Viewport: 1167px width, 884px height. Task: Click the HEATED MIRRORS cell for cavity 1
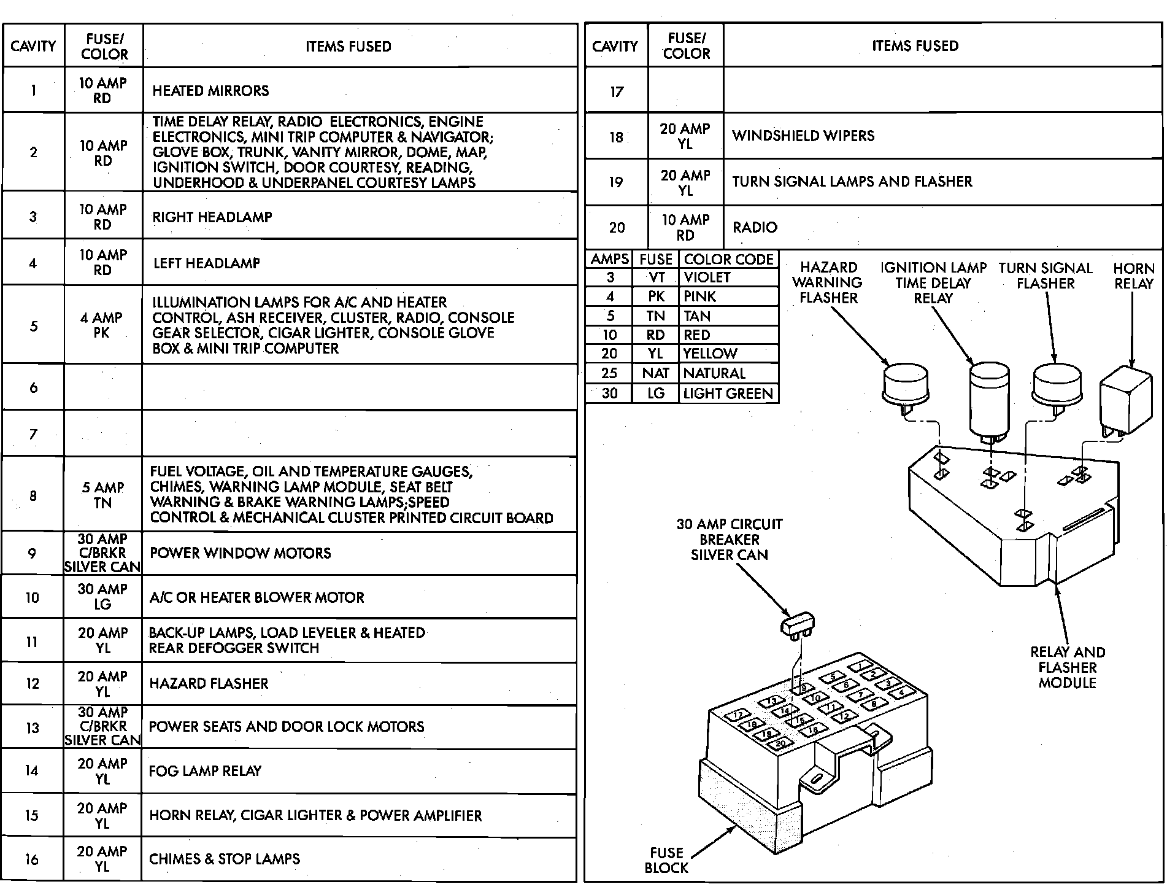(x=210, y=91)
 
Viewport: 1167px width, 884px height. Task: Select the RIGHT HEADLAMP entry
(x=212, y=217)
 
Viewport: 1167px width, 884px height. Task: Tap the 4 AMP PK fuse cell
(x=102, y=325)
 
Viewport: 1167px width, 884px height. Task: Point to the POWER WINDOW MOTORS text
(x=240, y=553)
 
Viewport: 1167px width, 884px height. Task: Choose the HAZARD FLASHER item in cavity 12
(x=209, y=684)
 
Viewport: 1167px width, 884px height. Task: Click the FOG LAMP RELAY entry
(x=205, y=771)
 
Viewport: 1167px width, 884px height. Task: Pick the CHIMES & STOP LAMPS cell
(x=225, y=859)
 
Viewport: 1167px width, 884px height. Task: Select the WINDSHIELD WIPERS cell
(x=803, y=136)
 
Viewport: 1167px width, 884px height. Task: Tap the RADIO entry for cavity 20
(x=755, y=227)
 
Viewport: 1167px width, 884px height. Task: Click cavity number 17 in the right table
(x=616, y=92)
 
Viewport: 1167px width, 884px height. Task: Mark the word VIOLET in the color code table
(x=707, y=277)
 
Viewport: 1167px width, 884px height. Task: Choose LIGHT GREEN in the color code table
(x=728, y=394)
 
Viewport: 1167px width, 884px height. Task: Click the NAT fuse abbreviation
(x=655, y=373)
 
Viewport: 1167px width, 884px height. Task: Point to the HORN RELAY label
(x=1133, y=276)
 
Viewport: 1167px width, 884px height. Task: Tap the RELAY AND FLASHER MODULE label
(x=1067, y=667)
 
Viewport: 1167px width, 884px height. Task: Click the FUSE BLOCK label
(x=666, y=860)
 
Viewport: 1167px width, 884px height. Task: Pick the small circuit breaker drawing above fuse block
(x=796, y=624)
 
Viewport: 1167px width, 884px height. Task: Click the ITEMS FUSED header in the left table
(x=348, y=47)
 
